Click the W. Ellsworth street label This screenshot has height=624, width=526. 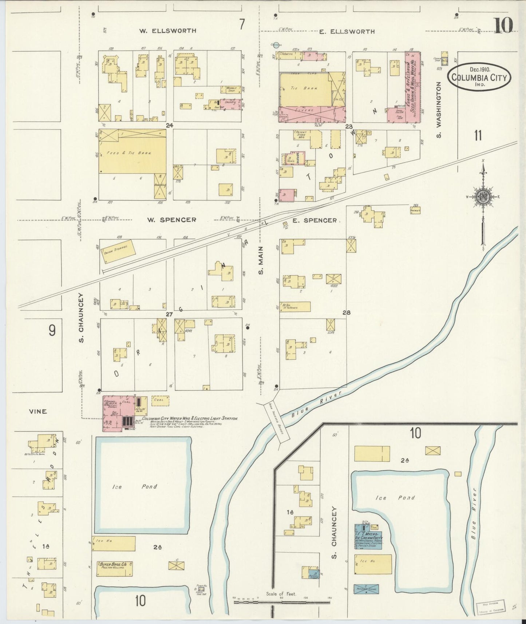tap(167, 31)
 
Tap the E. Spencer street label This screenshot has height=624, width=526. tap(315, 220)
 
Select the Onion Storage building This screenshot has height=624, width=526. tap(119, 251)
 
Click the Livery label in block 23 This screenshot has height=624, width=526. tap(307, 110)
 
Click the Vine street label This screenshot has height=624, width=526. tap(38, 411)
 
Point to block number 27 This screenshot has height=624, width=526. tap(169, 314)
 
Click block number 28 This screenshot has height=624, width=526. tap(346, 312)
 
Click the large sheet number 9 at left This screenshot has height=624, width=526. tap(52, 330)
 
